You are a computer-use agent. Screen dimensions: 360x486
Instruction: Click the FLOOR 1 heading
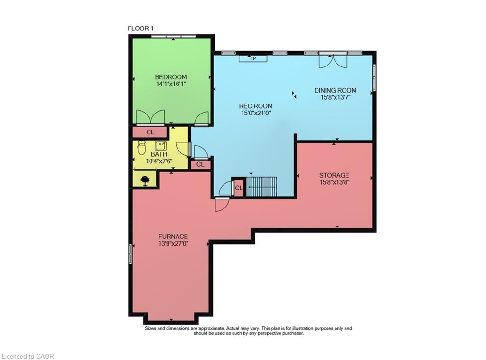pyautogui.click(x=141, y=28)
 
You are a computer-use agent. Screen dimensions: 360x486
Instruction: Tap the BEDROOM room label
pyautogui.click(x=171, y=77)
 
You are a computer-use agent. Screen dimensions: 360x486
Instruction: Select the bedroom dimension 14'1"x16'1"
pyautogui.click(x=171, y=84)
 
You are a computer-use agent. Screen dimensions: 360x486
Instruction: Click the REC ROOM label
pyautogui.click(x=256, y=106)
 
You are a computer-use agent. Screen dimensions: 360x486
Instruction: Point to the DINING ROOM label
pyautogui.click(x=335, y=90)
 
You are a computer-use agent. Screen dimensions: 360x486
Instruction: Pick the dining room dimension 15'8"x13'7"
pyautogui.click(x=335, y=97)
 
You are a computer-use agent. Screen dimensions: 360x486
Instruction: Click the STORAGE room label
pyautogui.click(x=334, y=175)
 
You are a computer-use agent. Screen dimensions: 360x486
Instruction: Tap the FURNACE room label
pyautogui.click(x=173, y=236)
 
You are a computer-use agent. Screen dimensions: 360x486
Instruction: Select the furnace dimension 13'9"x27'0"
pyautogui.click(x=173, y=244)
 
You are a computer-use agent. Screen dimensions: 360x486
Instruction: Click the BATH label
pyautogui.click(x=159, y=154)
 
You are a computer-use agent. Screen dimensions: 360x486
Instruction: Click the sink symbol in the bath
pyautogui.click(x=160, y=145)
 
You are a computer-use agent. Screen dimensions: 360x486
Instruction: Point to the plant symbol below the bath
pyautogui.click(x=145, y=180)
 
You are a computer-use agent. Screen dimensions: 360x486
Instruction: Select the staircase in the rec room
pyautogui.click(x=262, y=186)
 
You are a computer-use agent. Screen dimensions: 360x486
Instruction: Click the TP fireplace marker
pyautogui.click(x=253, y=58)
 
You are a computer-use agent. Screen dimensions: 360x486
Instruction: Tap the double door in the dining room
pyautogui.click(x=333, y=60)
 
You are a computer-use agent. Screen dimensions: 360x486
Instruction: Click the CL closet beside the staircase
pyautogui.click(x=239, y=188)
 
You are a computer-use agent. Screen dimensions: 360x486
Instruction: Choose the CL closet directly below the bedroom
pyautogui.click(x=150, y=132)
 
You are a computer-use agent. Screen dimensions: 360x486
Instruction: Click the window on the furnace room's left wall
pyautogui.click(x=131, y=253)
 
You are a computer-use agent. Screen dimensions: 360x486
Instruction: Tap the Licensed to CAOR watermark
pyautogui.click(x=28, y=356)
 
